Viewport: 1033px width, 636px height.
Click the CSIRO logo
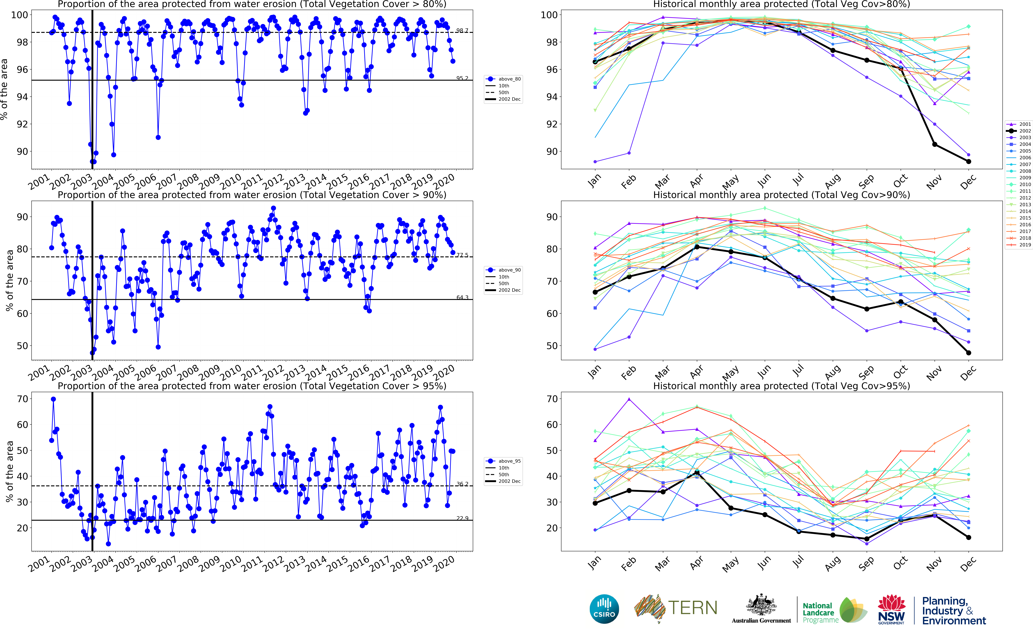click(x=604, y=609)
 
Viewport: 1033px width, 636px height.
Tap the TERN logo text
click(x=693, y=608)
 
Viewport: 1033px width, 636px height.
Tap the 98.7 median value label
click(x=462, y=30)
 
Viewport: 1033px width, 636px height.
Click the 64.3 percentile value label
click(x=462, y=297)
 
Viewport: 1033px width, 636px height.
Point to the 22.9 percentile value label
click(x=462, y=518)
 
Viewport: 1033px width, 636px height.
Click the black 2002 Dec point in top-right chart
click(x=969, y=161)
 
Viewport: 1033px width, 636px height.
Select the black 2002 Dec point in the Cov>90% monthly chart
click(x=969, y=353)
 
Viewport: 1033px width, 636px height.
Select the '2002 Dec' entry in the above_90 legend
click(x=509, y=290)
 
